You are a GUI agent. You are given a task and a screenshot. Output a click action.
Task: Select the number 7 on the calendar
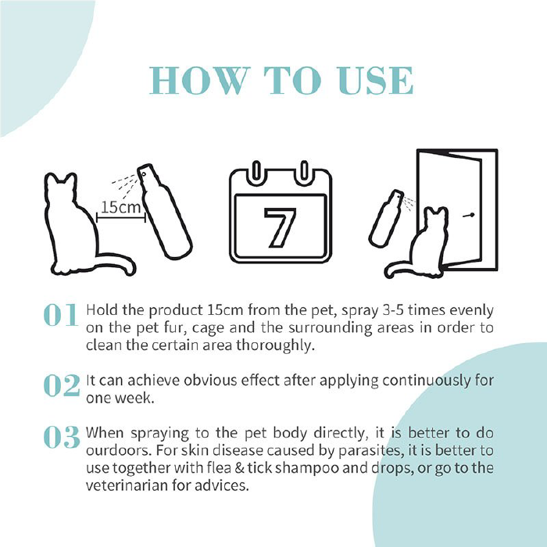point(280,227)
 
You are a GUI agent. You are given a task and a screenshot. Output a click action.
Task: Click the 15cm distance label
point(120,207)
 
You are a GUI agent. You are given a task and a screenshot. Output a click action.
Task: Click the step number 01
point(61,315)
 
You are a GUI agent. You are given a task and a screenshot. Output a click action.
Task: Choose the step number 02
point(62,385)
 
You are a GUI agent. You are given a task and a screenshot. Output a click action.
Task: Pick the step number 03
point(62,437)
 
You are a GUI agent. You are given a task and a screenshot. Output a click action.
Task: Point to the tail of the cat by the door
point(398,269)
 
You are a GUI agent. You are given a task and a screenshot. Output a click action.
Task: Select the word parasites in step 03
point(371,451)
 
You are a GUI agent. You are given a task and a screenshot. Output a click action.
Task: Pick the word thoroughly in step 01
point(275,345)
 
